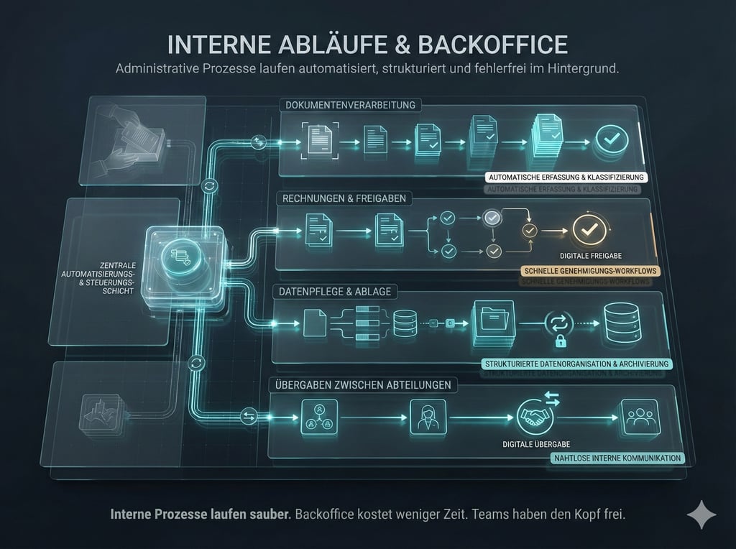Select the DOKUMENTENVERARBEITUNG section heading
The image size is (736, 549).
351,106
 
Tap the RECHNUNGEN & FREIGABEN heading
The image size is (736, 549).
344,198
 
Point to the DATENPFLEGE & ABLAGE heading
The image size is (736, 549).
331,292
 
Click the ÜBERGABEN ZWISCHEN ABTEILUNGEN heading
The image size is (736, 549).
363,385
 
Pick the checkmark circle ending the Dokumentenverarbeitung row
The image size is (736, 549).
611,137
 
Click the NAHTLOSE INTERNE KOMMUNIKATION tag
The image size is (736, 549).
617,458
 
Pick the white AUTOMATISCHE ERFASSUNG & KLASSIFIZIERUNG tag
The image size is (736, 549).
566,177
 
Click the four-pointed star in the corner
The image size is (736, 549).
701,515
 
